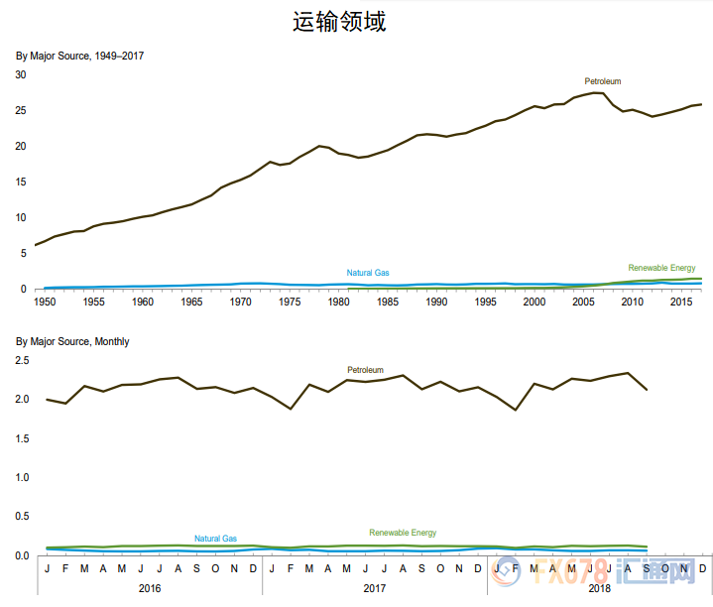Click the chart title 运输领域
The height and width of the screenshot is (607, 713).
pyautogui.click(x=339, y=22)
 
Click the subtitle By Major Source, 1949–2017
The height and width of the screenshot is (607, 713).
pyautogui.click(x=79, y=56)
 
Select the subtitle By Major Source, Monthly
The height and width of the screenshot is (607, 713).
pyautogui.click(x=72, y=342)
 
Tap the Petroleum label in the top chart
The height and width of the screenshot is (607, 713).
pyautogui.click(x=602, y=81)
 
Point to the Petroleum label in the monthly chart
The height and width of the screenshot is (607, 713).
pyautogui.click(x=365, y=370)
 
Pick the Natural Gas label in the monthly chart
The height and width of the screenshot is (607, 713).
pyautogui.click(x=215, y=539)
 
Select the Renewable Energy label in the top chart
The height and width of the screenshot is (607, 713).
pyautogui.click(x=661, y=268)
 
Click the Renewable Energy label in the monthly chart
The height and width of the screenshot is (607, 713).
pyautogui.click(x=403, y=533)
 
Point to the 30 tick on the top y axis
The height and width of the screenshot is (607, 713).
pyautogui.click(x=21, y=74)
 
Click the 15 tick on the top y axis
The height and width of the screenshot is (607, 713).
pyautogui.click(x=21, y=182)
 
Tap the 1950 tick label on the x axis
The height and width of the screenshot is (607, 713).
pyautogui.click(x=45, y=302)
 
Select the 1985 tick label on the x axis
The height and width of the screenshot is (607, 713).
pyautogui.click(x=387, y=302)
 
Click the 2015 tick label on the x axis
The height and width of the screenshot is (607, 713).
pyautogui.click(x=680, y=302)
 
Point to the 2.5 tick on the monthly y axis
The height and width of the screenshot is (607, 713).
pyautogui.click(x=21, y=361)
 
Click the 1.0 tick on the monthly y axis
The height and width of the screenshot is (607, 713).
pyautogui.click(x=21, y=478)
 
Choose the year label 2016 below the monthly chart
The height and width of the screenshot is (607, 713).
pyautogui.click(x=150, y=588)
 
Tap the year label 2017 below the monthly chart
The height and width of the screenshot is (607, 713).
pyautogui.click(x=375, y=588)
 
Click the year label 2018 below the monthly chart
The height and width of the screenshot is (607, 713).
pyautogui.click(x=599, y=588)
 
